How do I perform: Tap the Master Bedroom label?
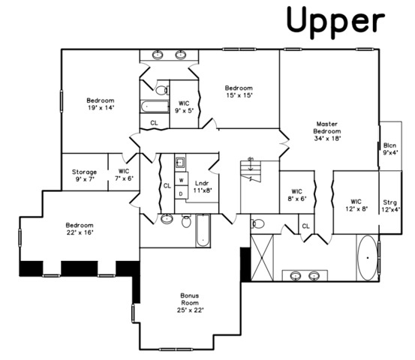click(x=327, y=131)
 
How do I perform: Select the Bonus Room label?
click(x=190, y=303)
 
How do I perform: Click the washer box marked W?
click(x=182, y=179)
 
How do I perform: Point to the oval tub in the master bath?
click(x=368, y=258)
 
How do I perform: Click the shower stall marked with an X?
click(x=262, y=257)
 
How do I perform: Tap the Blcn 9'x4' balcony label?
click(x=390, y=149)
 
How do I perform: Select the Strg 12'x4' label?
click(x=390, y=206)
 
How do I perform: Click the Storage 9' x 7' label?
click(x=85, y=175)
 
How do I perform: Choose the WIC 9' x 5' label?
click(x=184, y=106)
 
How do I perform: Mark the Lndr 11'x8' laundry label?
click(x=203, y=187)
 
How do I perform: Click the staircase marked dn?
click(x=251, y=170)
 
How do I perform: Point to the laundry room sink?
click(x=181, y=161)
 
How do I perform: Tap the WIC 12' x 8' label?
click(x=356, y=205)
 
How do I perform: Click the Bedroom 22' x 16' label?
click(x=80, y=229)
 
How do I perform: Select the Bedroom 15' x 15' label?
click(x=239, y=91)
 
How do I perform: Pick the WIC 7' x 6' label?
click(x=124, y=175)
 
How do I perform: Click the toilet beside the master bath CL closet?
click(x=258, y=223)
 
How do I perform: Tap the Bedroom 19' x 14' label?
click(x=101, y=104)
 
